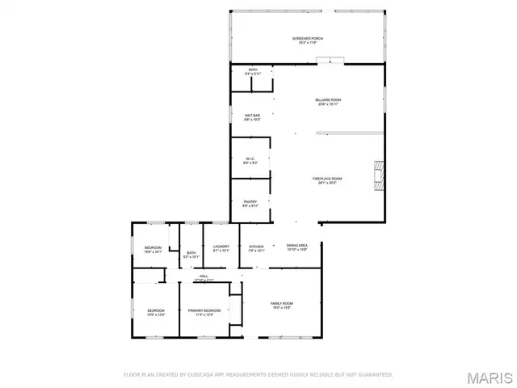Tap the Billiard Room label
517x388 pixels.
(328, 101)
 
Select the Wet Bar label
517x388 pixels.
(253, 117)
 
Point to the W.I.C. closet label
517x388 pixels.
(250, 160)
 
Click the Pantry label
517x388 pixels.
(250, 204)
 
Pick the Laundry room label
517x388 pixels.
(221, 248)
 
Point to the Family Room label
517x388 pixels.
(281, 305)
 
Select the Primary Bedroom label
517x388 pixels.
(204, 312)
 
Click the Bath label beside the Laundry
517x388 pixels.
(191, 255)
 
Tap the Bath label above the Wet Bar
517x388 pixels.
(253, 71)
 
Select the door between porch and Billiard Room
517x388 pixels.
(329, 60)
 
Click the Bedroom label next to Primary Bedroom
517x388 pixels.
(156, 312)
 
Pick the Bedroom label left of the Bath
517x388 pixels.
(153, 248)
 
